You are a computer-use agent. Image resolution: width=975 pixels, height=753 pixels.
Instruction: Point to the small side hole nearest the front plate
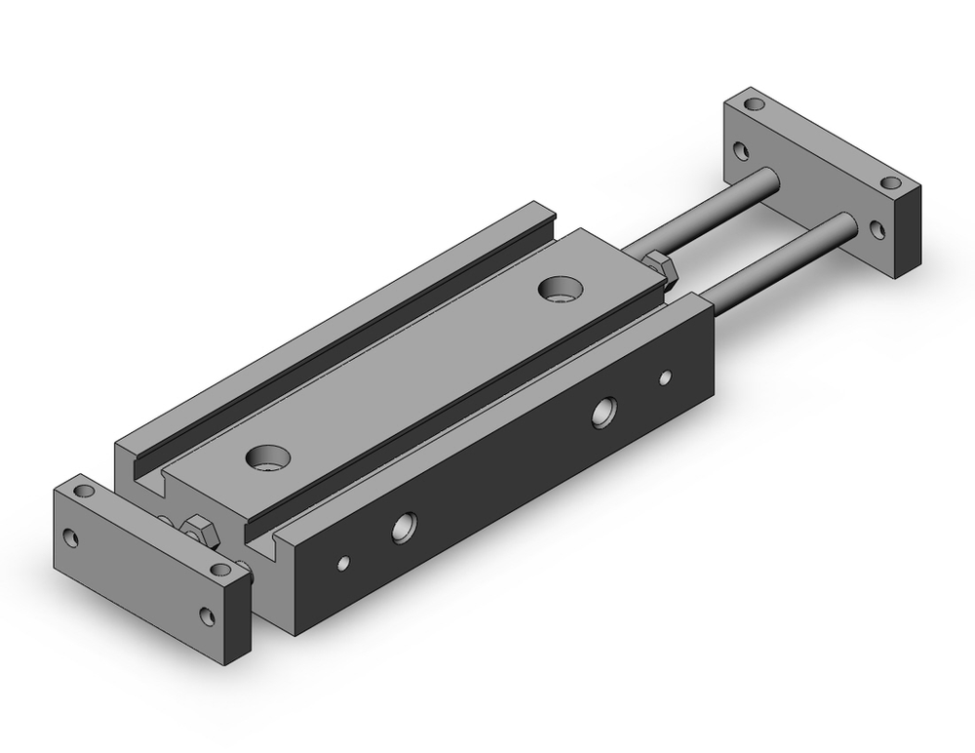click(x=342, y=563)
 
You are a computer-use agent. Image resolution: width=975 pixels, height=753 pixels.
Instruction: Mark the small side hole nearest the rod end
click(x=666, y=376)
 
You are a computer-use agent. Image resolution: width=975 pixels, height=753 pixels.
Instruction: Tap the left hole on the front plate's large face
click(x=70, y=536)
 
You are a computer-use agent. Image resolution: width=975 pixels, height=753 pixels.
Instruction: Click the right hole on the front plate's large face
click(x=207, y=614)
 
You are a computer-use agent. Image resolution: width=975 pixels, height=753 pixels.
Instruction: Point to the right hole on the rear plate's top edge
click(x=889, y=182)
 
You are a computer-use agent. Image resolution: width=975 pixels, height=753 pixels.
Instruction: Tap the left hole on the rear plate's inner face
click(x=742, y=151)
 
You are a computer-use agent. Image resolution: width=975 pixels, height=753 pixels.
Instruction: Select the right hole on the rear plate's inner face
click(x=877, y=230)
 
